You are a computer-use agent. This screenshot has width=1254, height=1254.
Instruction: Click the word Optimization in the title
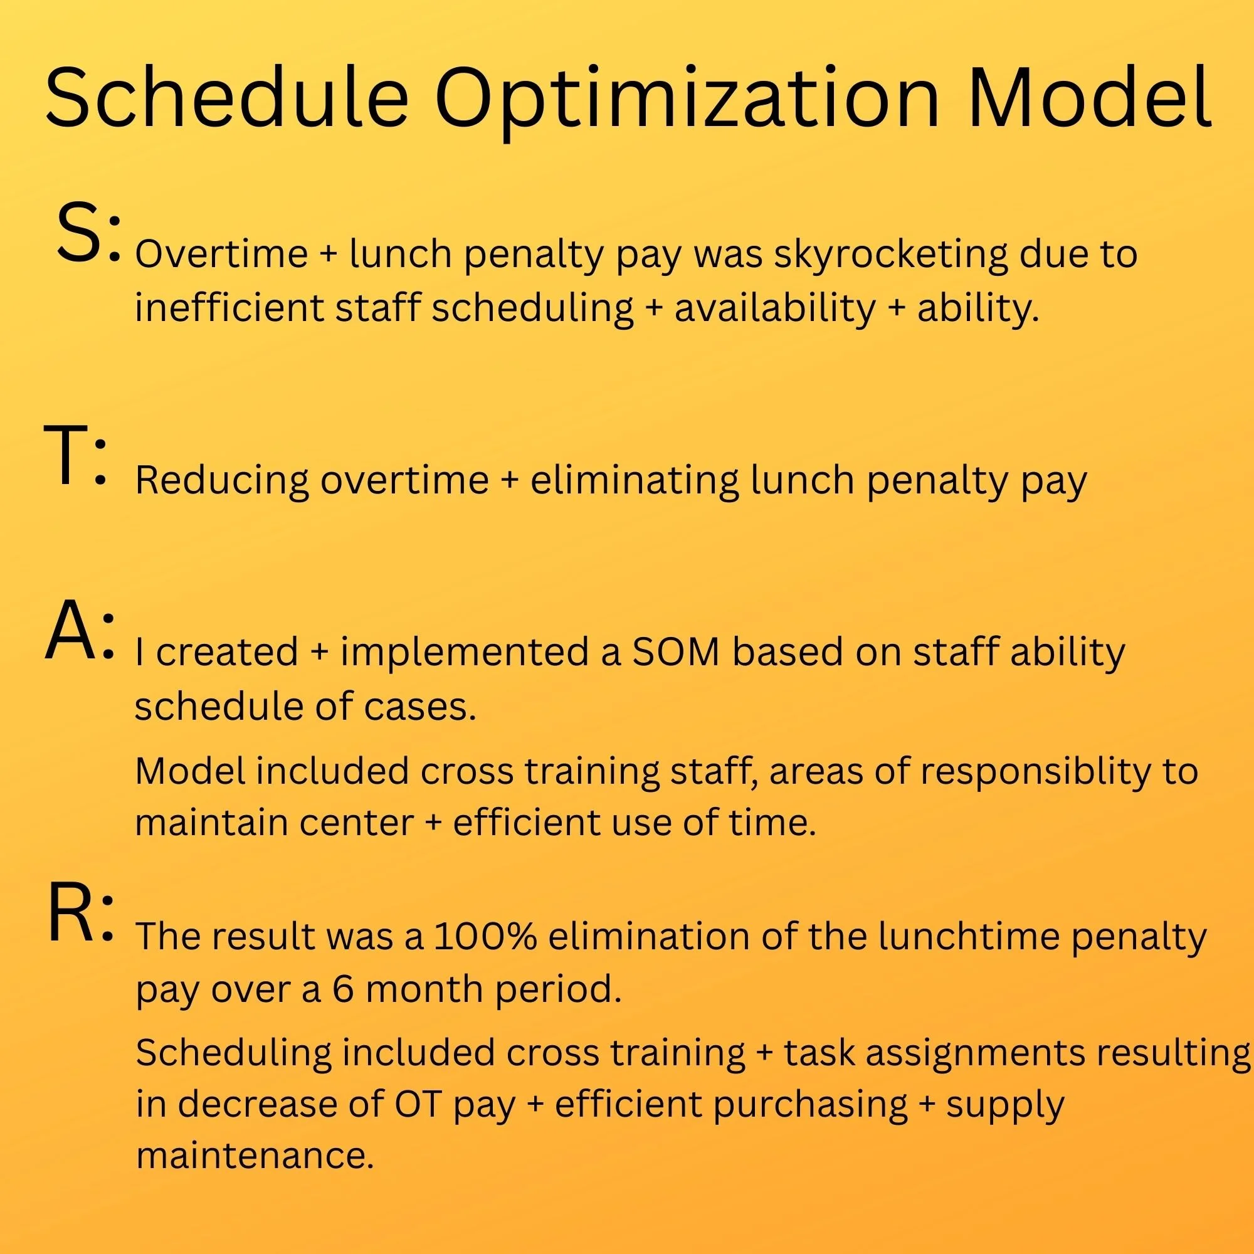pyautogui.click(x=687, y=97)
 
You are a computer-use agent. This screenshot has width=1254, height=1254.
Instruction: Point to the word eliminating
pyautogui.click(x=634, y=482)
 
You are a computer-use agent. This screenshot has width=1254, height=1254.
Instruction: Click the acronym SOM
pyautogui.click(x=675, y=652)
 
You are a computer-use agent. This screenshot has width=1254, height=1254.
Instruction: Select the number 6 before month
pyautogui.click(x=343, y=989)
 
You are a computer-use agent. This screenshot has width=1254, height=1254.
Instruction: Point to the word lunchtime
pyautogui.click(x=969, y=937)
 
